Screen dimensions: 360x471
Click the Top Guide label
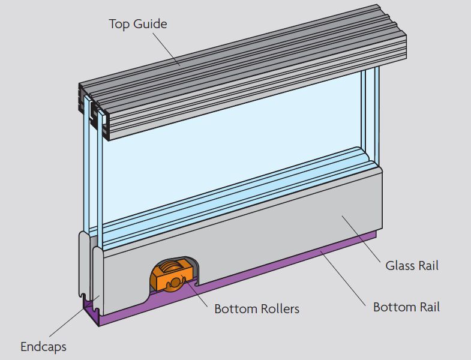click(137, 25)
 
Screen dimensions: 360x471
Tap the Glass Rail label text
click(412, 265)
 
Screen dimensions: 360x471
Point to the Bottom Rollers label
click(257, 310)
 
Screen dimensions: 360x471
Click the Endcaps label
click(43, 347)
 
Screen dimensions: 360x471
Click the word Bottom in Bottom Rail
click(394, 307)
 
